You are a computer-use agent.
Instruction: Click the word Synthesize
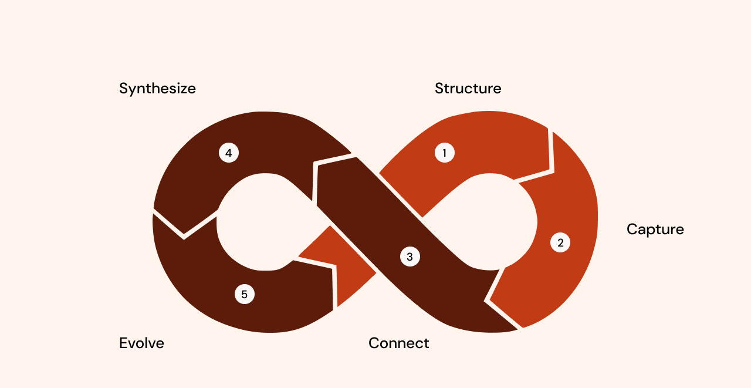pos(157,89)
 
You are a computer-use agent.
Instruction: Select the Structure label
pos(468,89)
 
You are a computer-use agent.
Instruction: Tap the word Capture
pos(655,229)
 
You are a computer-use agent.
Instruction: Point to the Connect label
pos(398,343)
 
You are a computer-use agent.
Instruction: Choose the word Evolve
pos(141,343)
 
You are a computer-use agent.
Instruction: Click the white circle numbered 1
pos(444,153)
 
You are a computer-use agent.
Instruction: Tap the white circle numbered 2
pos(560,242)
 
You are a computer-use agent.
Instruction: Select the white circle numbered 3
pos(410,257)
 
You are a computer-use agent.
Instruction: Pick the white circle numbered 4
pos(228,153)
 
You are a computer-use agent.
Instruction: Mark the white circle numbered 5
pos(244,294)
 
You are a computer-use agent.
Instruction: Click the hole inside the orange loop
pos(487,223)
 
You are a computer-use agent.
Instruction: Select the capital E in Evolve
pos(123,343)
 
